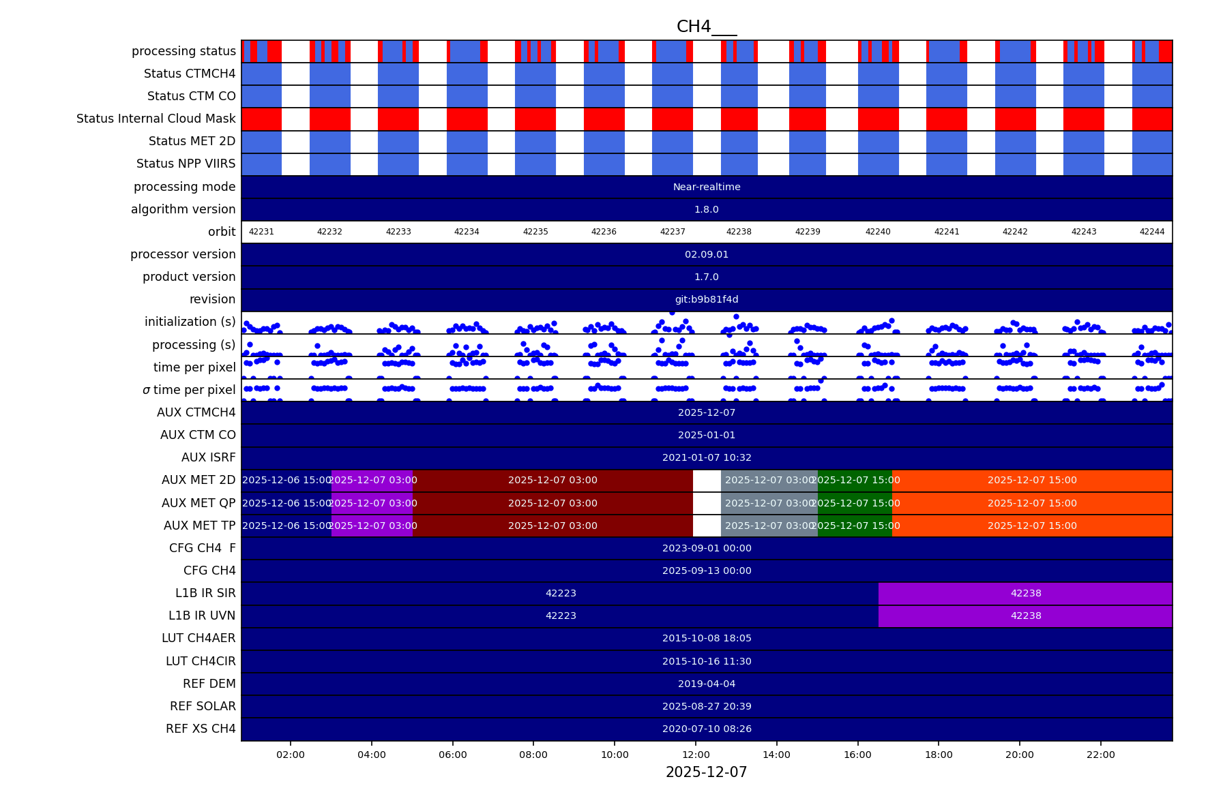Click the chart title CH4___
(706, 27)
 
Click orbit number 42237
(673, 232)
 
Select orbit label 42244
(1152, 232)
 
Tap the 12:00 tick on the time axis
(696, 755)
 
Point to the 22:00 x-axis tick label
(1100, 755)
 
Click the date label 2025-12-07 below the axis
(706, 772)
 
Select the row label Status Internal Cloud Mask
(156, 119)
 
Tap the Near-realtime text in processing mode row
(707, 187)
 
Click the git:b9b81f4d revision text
(707, 299)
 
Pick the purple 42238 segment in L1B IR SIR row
(1025, 593)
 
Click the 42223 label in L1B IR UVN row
(561, 616)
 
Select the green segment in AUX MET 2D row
(855, 480)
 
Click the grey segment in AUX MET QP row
(769, 503)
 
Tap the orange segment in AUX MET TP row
(1032, 526)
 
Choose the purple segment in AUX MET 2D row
(372, 480)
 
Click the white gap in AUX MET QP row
(707, 503)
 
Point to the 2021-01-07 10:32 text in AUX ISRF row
(707, 457)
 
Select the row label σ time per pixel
(189, 390)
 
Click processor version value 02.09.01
(707, 254)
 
